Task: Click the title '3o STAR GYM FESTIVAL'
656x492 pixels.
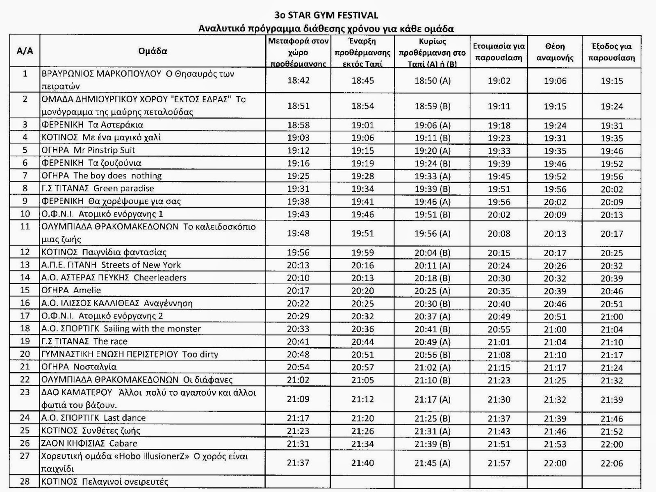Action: click(x=326, y=16)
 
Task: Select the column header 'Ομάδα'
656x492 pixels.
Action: click(x=153, y=51)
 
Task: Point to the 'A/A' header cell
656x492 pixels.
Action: click(x=25, y=51)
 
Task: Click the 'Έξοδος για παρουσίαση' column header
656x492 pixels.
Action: click(x=611, y=52)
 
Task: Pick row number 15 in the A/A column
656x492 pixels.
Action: click(x=25, y=290)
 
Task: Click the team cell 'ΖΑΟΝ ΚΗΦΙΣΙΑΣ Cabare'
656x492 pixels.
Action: click(x=89, y=443)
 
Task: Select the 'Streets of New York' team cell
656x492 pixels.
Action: click(x=111, y=265)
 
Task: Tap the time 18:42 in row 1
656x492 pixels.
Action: click(x=298, y=80)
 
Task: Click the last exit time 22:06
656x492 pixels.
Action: click(x=612, y=463)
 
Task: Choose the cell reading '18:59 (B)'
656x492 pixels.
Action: click(x=432, y=106)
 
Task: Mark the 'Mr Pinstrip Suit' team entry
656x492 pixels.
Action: click(x=88, y=150)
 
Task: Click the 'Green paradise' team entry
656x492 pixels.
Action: click(x=98, y=189)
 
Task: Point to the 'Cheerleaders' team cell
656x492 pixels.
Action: click(x=114, y=278)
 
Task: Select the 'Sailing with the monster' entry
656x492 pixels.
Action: click(x=121, y=329)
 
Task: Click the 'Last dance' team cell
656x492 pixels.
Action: click(x=93, y=418)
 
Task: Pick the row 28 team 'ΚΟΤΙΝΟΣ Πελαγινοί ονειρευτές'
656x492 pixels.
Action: click(x=105, y=482)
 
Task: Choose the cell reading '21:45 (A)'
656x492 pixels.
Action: click(x=432, y=463)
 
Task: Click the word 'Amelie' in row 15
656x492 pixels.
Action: click(x=87, y=290)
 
